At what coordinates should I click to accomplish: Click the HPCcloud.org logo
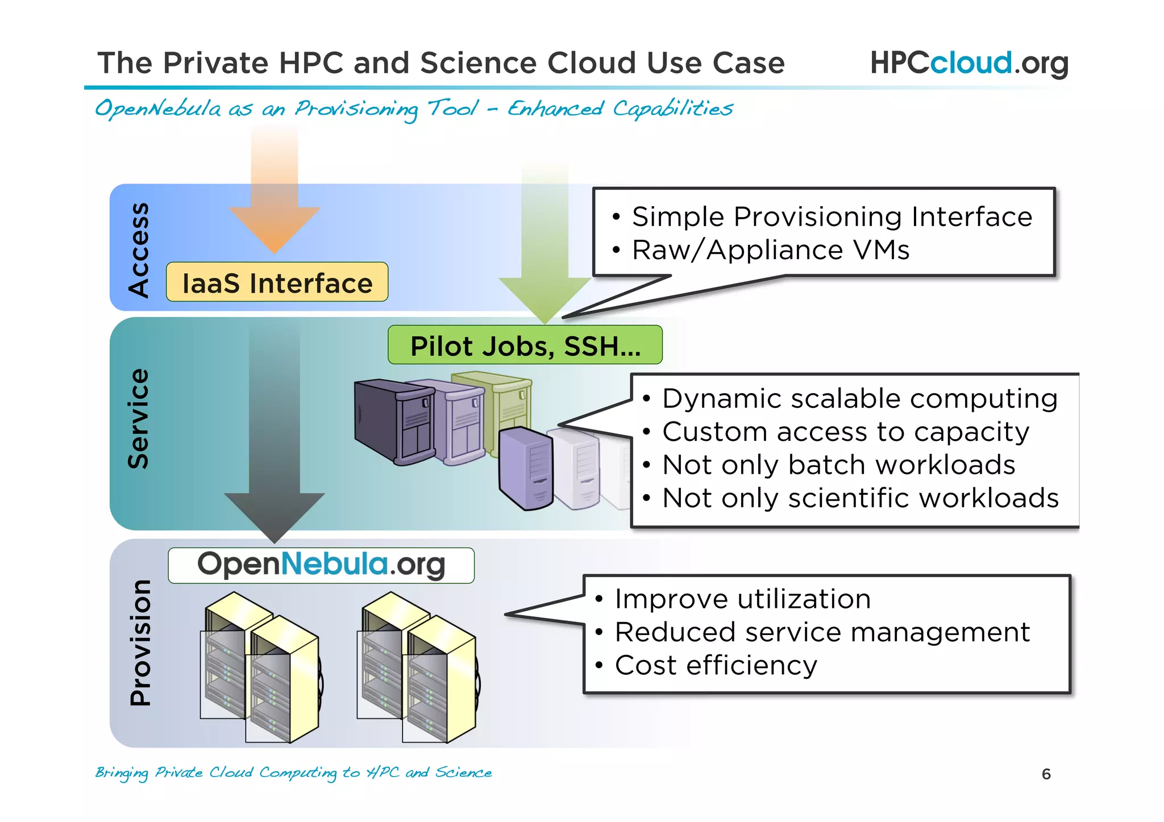coord(969,62)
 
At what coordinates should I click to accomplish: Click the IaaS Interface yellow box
coord(277,282)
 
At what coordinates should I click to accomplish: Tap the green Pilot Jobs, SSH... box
coord(525,345)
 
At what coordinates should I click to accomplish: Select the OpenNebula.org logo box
coord(321,565)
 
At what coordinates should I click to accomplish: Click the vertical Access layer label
coord(139,249)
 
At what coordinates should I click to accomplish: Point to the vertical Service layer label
coord(139,419)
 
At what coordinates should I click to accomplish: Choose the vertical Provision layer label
coord(140,642)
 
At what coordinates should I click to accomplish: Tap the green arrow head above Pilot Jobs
coord(544,299)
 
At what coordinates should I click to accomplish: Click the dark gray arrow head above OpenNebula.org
coord(275,515)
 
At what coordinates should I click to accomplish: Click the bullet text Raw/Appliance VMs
coord(770,250)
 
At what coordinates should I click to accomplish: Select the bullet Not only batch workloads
coord(838,465)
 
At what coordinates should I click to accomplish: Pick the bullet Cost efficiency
coord(716,665)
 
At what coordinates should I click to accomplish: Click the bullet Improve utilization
coord(742,599)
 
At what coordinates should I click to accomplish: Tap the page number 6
coord(1046,774)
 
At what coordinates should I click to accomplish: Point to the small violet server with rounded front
coord(526,469)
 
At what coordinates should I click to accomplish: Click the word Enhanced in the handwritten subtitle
coord(555,108)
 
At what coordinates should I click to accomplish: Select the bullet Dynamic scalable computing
coord(859,398)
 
